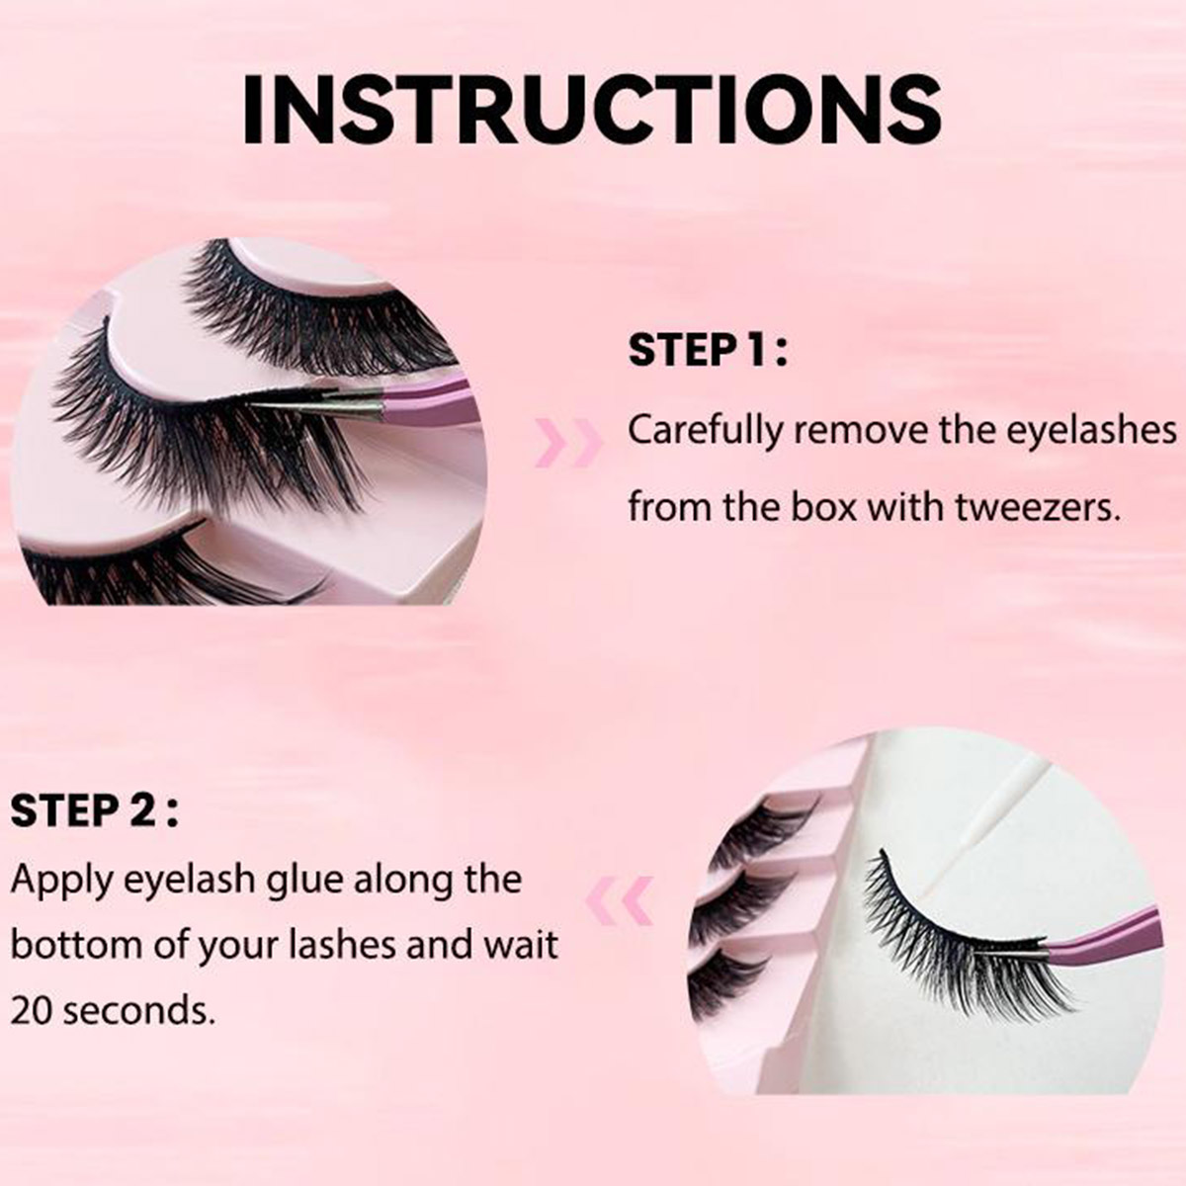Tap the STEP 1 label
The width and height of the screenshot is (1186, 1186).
(x=708, y=351)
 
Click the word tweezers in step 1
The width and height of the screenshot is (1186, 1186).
(x=1038, y=507)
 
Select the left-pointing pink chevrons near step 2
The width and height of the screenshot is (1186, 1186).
(x=620, y=900)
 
